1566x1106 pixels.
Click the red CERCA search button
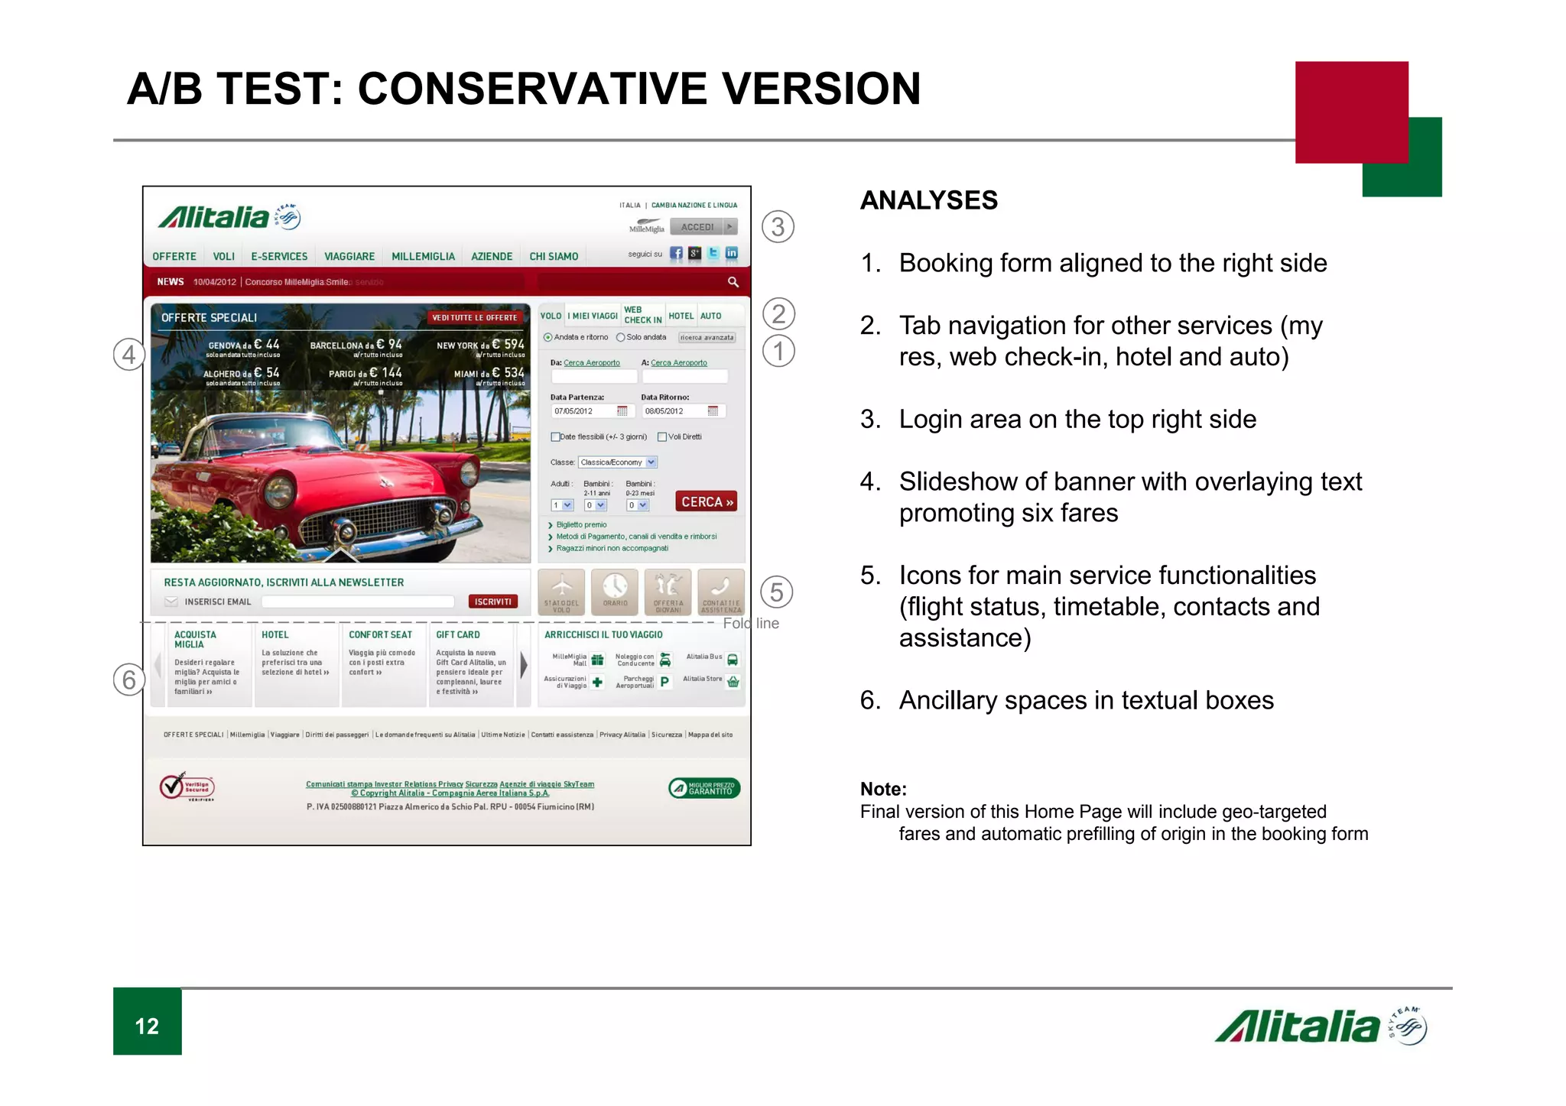[707, 501]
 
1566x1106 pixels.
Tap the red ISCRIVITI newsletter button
[492, 602]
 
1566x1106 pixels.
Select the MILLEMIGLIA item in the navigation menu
[423, 257]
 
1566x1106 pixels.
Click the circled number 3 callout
[778, 227]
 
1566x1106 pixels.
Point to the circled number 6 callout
[129, 679]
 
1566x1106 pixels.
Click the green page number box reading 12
[148, 1024]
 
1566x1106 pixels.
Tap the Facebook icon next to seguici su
[677, 254]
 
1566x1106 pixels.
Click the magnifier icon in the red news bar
[733, 282]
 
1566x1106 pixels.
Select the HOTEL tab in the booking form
[681, 316]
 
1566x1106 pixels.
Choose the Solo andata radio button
[621, 338]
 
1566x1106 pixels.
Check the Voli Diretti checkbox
[662, 437]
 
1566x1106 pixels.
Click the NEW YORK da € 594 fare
[480, 345]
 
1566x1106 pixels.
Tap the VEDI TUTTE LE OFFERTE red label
[475, 318]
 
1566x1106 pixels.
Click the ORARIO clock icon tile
[615, 591]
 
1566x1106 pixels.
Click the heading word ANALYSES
[928, 200]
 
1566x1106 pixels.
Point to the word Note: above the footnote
[883, 789]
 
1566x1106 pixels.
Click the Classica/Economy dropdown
[618, 462]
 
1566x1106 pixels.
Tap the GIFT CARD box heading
[458, 635]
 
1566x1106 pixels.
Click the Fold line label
[751, 624]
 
